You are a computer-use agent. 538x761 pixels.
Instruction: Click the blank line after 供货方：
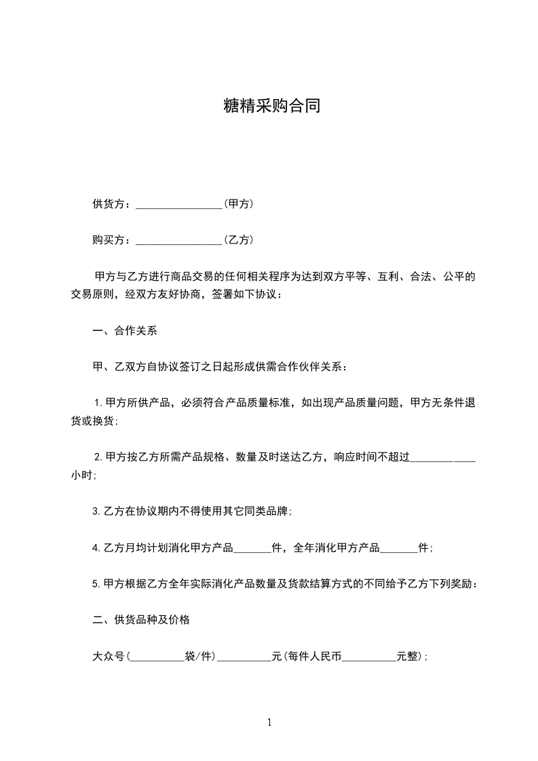[x=179, y=204]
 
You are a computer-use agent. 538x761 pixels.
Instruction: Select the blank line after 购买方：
[x=179, y=240]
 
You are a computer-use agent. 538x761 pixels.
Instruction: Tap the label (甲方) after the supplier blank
[x=239, y=203]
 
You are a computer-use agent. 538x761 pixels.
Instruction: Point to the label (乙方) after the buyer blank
[x=239, y=239]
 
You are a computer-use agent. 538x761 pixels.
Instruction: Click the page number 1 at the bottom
[x=269, y=722]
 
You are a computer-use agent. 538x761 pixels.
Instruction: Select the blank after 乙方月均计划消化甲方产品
[x=252, y=548]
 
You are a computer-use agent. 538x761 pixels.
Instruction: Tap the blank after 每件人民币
[x=370, y=657]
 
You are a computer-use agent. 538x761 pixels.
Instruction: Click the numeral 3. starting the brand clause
[x=96, y=512]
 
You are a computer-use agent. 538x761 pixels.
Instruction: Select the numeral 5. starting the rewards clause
[x=96, y=584]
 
